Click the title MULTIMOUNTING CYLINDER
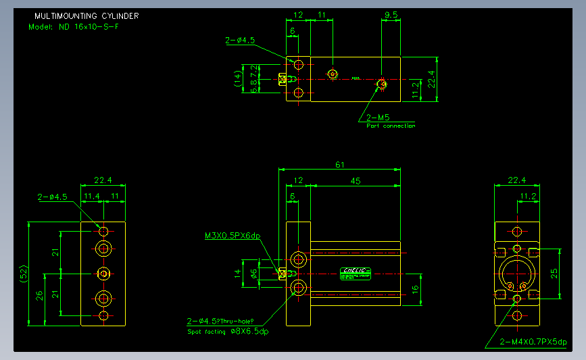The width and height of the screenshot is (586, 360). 87,16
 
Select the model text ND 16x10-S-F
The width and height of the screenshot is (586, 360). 74,27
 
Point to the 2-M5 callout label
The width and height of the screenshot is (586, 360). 378,117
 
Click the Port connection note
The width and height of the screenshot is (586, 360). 391,126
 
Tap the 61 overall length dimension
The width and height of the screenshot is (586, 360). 340,164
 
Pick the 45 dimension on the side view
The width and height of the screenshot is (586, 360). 355,180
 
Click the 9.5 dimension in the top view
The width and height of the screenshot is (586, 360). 391,14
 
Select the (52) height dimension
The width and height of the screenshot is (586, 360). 24,274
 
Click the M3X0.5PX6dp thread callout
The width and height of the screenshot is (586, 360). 233,236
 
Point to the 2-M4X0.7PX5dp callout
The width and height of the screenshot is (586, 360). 533,342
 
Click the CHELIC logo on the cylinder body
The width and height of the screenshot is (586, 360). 356,271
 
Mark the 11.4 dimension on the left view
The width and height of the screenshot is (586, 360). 91,196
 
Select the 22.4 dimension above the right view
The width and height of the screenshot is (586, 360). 516,180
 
